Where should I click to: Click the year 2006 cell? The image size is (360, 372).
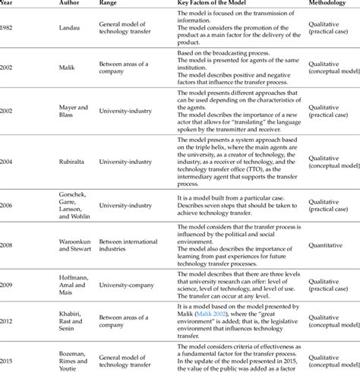click(8, 204)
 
